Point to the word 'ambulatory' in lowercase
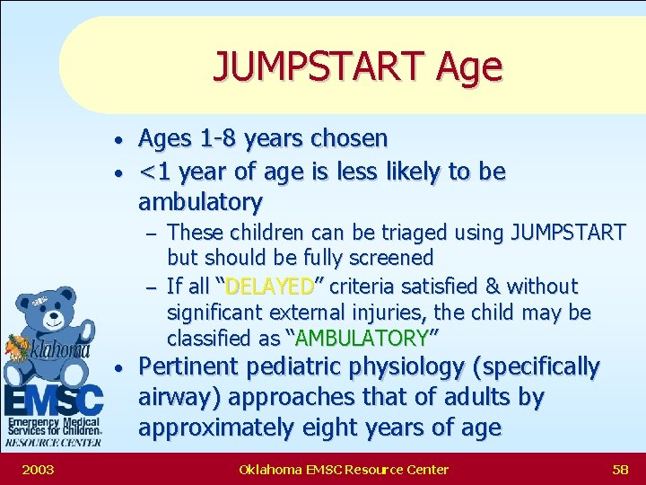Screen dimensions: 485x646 tap(200, 201)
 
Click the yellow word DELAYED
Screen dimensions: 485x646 tap(269, 287)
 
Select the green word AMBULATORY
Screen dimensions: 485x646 tap(362, 339)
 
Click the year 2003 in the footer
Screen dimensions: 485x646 tap(38, 469)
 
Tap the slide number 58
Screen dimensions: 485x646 tap(619, 469)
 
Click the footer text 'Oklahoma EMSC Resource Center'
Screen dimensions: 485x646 tap(344, 469)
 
